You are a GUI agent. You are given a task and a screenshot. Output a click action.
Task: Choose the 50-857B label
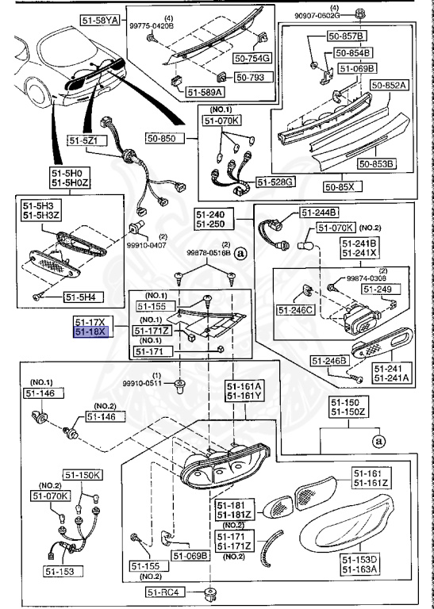(x=349, y=37)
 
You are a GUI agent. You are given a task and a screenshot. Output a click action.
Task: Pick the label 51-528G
(x=278, y=182)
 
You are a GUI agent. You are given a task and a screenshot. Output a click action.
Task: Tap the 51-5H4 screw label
(x=83, y=298)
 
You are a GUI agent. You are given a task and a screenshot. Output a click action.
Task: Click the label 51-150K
(x=83, y=475)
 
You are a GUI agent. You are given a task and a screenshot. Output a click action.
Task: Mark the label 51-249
(x=375, y=289)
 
